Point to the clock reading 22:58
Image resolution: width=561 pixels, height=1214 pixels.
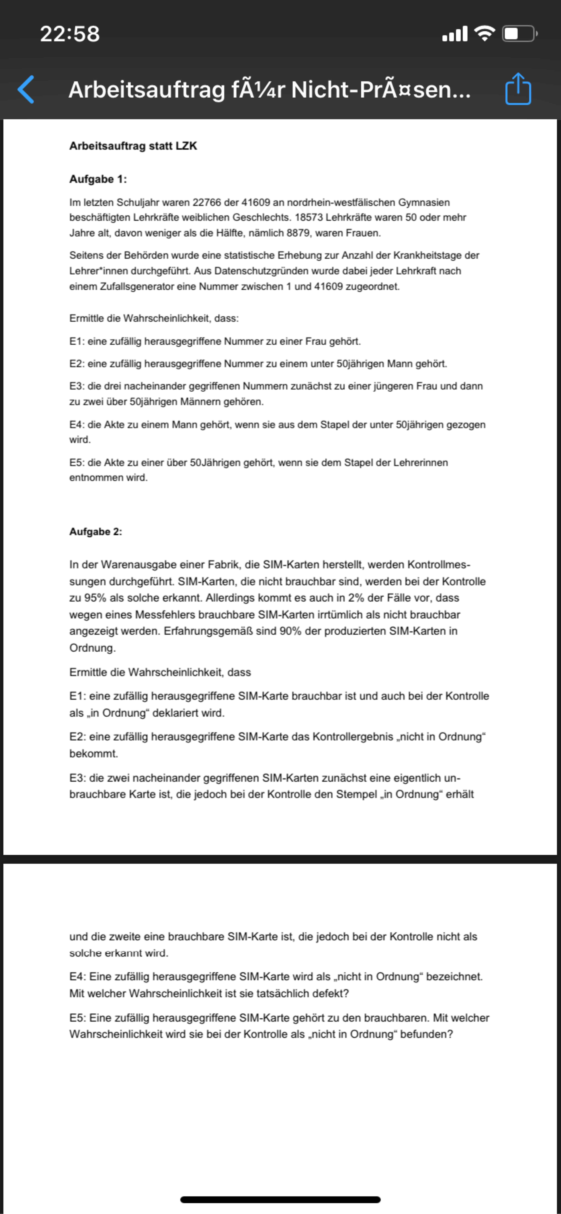70,34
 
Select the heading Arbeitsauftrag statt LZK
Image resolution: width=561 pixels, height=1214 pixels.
133,146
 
